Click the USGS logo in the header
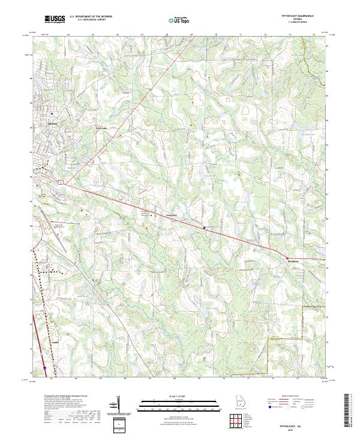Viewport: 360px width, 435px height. [55, 20]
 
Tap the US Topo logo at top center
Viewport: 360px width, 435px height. [177, 20]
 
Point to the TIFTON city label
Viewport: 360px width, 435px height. [52, 123]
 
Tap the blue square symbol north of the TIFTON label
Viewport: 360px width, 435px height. [52, 113]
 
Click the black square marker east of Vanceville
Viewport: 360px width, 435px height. [203, 228]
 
